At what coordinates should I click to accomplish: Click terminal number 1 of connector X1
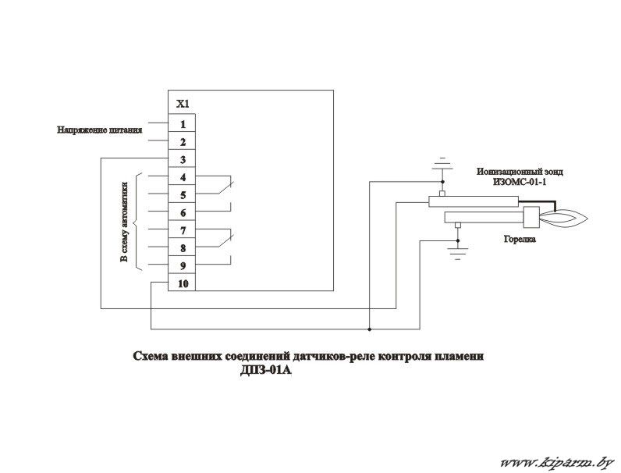[x=182, y=124]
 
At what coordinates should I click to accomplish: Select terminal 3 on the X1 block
[x=182, y=160]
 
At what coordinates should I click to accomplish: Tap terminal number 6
[x=182, y=213]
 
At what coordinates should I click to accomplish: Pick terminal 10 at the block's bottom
[x=182, y=283]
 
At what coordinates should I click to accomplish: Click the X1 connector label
[x=183, y=104]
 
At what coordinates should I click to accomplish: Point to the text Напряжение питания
[x=99, y=130]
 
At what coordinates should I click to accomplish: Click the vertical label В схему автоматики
[x=124, y=222]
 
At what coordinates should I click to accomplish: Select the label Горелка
[x=520, y=240]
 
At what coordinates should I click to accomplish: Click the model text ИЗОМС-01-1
[x=520, y=182]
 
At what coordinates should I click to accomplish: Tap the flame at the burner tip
[x=564, y=219]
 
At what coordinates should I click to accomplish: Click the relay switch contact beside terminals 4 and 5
[x=225, y=187]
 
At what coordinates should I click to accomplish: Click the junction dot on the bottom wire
[x=370, y=329]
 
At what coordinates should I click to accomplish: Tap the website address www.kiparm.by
[x=557, y=462]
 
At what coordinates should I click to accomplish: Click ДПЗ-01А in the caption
[x=266, y=372]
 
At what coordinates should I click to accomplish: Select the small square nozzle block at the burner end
[x=531, y=218]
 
